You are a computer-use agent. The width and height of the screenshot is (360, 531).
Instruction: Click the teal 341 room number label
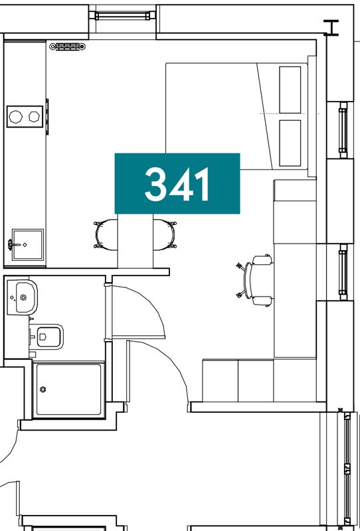click(x=177, y=184)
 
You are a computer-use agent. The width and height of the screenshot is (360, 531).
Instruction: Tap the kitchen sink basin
click(x=28, y=244)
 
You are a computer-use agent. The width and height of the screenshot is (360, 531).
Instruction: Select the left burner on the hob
click(x=15, y=117)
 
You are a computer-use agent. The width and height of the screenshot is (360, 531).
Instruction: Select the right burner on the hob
click(x=34, y=117)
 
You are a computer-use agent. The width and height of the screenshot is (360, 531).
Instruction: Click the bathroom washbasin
click(x=23, y=297)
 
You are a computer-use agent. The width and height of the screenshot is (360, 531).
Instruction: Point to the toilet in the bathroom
click(x=46, y=337)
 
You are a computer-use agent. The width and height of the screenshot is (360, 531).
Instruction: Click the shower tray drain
click(x=43, y=390)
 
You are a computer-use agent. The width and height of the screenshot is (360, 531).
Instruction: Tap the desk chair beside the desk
click(x=256, y=281)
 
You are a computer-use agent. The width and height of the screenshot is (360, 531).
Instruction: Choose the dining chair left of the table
click(x=106, y=234)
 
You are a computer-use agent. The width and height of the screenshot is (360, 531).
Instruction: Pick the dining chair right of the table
click(x=165, y=234)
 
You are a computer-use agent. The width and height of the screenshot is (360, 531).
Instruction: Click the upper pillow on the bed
click(x=290, y=90)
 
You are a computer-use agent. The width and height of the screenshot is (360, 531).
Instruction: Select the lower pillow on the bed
click(x=290, y=143)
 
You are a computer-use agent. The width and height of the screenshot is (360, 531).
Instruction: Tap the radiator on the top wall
click(x=68, y=46)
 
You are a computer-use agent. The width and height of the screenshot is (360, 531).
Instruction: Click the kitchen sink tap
click(x=13, y=244)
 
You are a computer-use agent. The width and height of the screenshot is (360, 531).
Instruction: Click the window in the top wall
click(x=122, y=15)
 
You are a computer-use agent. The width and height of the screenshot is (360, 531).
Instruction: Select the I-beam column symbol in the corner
click(x=331, y=27)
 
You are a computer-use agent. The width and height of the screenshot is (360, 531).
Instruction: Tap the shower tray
click(x=69, y=390)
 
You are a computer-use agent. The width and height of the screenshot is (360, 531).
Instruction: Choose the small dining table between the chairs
click(x=135, y=240)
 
